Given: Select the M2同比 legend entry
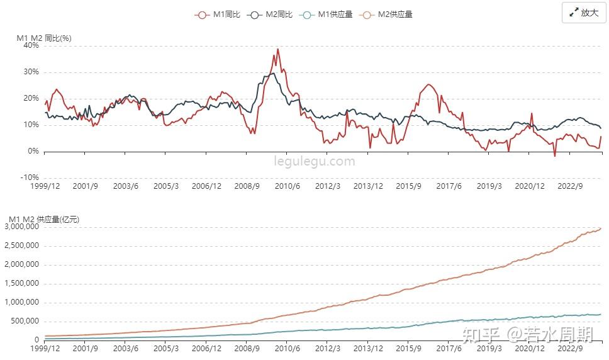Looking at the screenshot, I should (x=271, y=14).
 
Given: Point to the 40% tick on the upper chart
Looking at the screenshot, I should (x=31, y=45).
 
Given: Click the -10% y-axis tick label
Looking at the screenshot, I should (x=29, y=177).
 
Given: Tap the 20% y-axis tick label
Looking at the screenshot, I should (x=31, y=98).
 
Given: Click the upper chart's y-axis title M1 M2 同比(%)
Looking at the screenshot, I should (x=44, y=38).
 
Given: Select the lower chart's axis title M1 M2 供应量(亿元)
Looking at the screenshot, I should (x=44, y=219).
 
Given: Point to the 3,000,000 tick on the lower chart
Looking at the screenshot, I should (x=22, y=227).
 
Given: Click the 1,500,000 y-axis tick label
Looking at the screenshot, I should (x=22, y=283).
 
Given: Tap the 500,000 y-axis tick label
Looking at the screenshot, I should (x=25, y=321).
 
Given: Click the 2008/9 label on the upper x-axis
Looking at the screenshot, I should (x=247, y=186).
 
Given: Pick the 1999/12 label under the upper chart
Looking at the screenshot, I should (x=45, y=186).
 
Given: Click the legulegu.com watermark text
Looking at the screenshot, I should (x=315, y=161).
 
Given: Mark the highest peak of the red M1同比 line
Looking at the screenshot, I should (x=277, y=49).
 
